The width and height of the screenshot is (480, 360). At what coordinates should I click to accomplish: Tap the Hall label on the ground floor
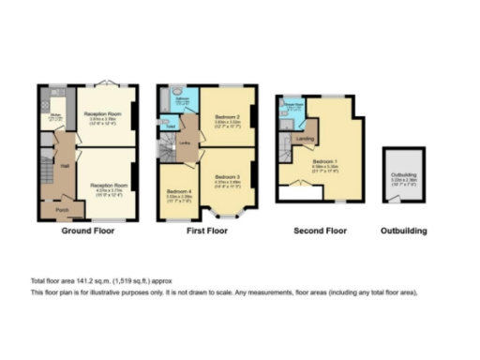[65, 166]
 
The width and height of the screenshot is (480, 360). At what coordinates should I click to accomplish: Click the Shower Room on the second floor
[292, 107]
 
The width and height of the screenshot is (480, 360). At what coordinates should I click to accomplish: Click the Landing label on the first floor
[186, 142]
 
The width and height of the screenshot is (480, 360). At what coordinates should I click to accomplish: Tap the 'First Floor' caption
[207, 231]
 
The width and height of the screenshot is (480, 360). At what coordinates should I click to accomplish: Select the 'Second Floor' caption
[320, 231]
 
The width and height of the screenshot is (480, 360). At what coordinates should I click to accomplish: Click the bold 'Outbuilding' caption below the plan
[404, 231]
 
